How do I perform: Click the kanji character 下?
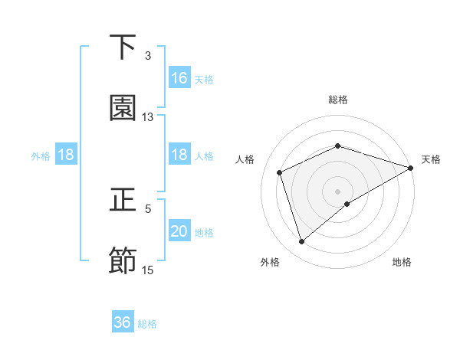point(123,47)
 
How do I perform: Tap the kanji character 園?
point(123,108)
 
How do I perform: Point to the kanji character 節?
point(123,261)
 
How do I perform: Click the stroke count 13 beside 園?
point(148,117)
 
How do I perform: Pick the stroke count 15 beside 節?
point(148,270)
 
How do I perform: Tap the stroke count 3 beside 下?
point(148,56)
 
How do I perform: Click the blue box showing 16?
point(179,78)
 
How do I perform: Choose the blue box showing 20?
point(179,231)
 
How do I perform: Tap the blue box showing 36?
point(123,322)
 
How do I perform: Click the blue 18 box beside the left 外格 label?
point(66,155)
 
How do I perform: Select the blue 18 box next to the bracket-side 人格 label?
point(179,155)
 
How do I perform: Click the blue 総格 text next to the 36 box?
point(147,324)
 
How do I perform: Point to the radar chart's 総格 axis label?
point(338,100)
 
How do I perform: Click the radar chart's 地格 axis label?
point(402,262)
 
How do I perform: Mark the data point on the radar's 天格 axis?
point(411,169)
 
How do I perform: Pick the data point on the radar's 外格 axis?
point(301,242)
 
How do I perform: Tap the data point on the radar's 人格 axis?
point(280,172)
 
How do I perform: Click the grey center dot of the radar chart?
point(338,191)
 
